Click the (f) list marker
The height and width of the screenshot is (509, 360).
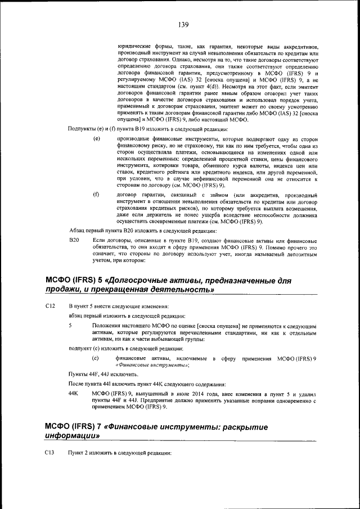pyautogui.click(x=96, y=195)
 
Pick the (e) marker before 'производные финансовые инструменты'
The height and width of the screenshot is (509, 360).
pyautogui.click(x=96, y=139)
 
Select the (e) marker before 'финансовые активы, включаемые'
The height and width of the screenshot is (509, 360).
pyautogui.click(x=96, y=358)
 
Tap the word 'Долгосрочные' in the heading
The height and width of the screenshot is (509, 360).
pyautogui.click(x=143, y=280)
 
